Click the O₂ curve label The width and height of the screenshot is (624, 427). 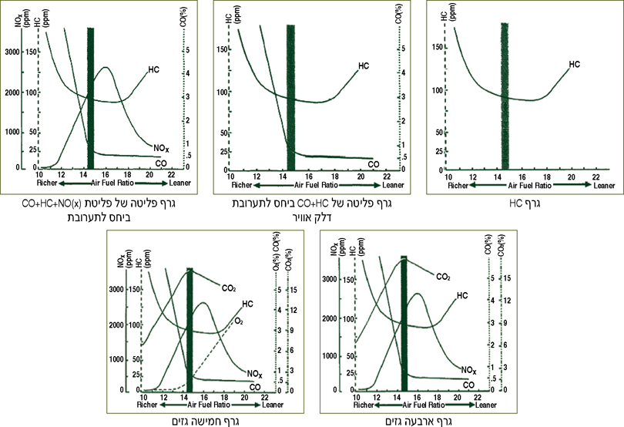pos(239,320)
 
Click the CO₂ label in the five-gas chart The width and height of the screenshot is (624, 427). pos(229,288)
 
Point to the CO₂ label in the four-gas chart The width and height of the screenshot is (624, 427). pos(443,277)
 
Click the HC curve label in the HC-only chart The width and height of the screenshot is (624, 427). pos(574,65)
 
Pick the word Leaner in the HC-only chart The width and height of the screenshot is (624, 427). pos(604,186)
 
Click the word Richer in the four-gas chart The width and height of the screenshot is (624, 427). pos(363,405)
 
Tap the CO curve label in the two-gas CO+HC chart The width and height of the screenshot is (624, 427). pos(373,164)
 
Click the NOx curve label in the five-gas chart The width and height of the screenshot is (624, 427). pos(253,373)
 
